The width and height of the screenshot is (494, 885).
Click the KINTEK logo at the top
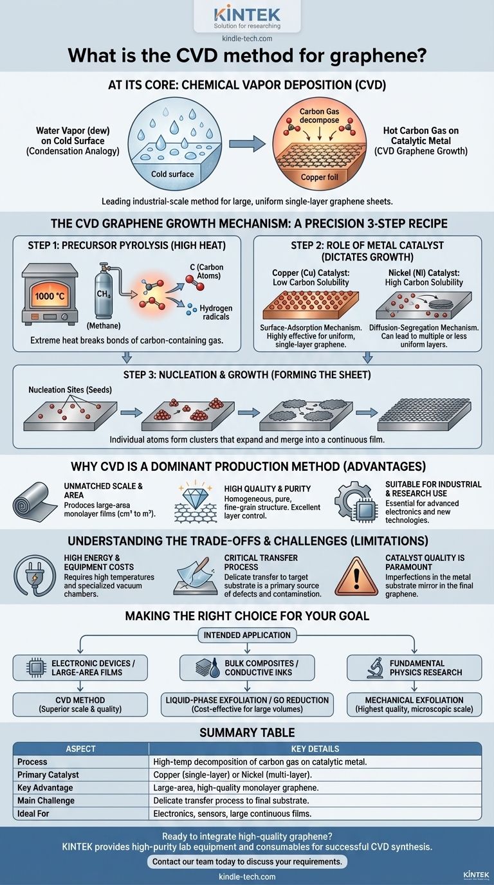(x=247, y=15)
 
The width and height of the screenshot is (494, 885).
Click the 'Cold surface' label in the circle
(x=172, y=174)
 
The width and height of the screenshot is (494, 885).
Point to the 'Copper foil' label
(x=319, y=177)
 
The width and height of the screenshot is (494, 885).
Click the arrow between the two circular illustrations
(x=248, y=143)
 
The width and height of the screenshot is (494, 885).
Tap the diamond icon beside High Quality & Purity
(x=194, y=494)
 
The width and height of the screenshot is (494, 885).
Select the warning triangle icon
(x=356, y=576)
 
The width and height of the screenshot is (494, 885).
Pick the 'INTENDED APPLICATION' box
(x=247, y=635)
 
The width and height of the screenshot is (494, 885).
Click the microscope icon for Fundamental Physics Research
(x=374, y=668)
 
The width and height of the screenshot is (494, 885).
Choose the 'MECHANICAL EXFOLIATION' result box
(x=414, y=704)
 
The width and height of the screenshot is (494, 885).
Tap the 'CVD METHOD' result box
(x=80, y=704)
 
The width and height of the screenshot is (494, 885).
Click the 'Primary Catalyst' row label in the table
(x=48, y=774)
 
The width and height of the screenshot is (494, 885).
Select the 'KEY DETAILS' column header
(x=315, y=749)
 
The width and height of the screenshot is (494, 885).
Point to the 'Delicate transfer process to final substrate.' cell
(x=231, y=801)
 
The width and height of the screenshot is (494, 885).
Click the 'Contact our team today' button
(x=247, y=862)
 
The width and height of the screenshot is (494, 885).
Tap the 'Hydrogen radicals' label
(x=215, y=312)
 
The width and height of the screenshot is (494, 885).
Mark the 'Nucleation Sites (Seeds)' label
(x=70, y=390)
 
